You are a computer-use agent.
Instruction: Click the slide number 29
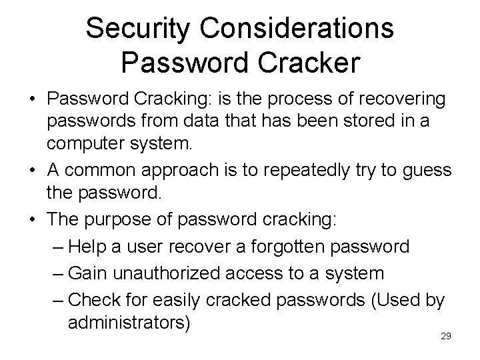[446, 336]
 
